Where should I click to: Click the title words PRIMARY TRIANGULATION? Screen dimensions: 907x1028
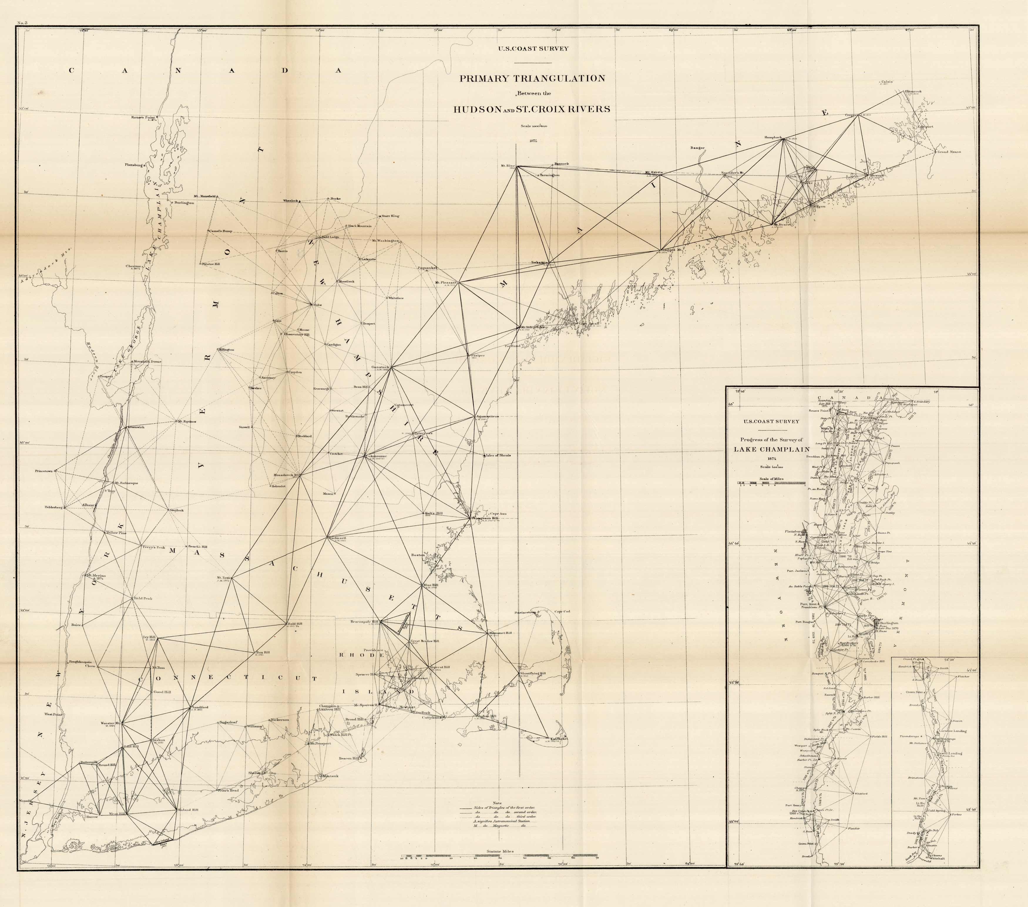coord(531,78)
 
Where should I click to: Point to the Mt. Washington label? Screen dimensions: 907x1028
coord(386,241)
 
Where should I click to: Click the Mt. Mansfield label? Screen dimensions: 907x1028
coord(204,196)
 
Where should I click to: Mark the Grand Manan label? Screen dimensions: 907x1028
coord(948,151)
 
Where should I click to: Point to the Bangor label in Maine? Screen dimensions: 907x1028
coord(698,148)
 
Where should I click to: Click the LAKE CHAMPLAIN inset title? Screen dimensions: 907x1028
coord(771,449)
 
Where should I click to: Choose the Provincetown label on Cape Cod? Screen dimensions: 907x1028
coord(526,612)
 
